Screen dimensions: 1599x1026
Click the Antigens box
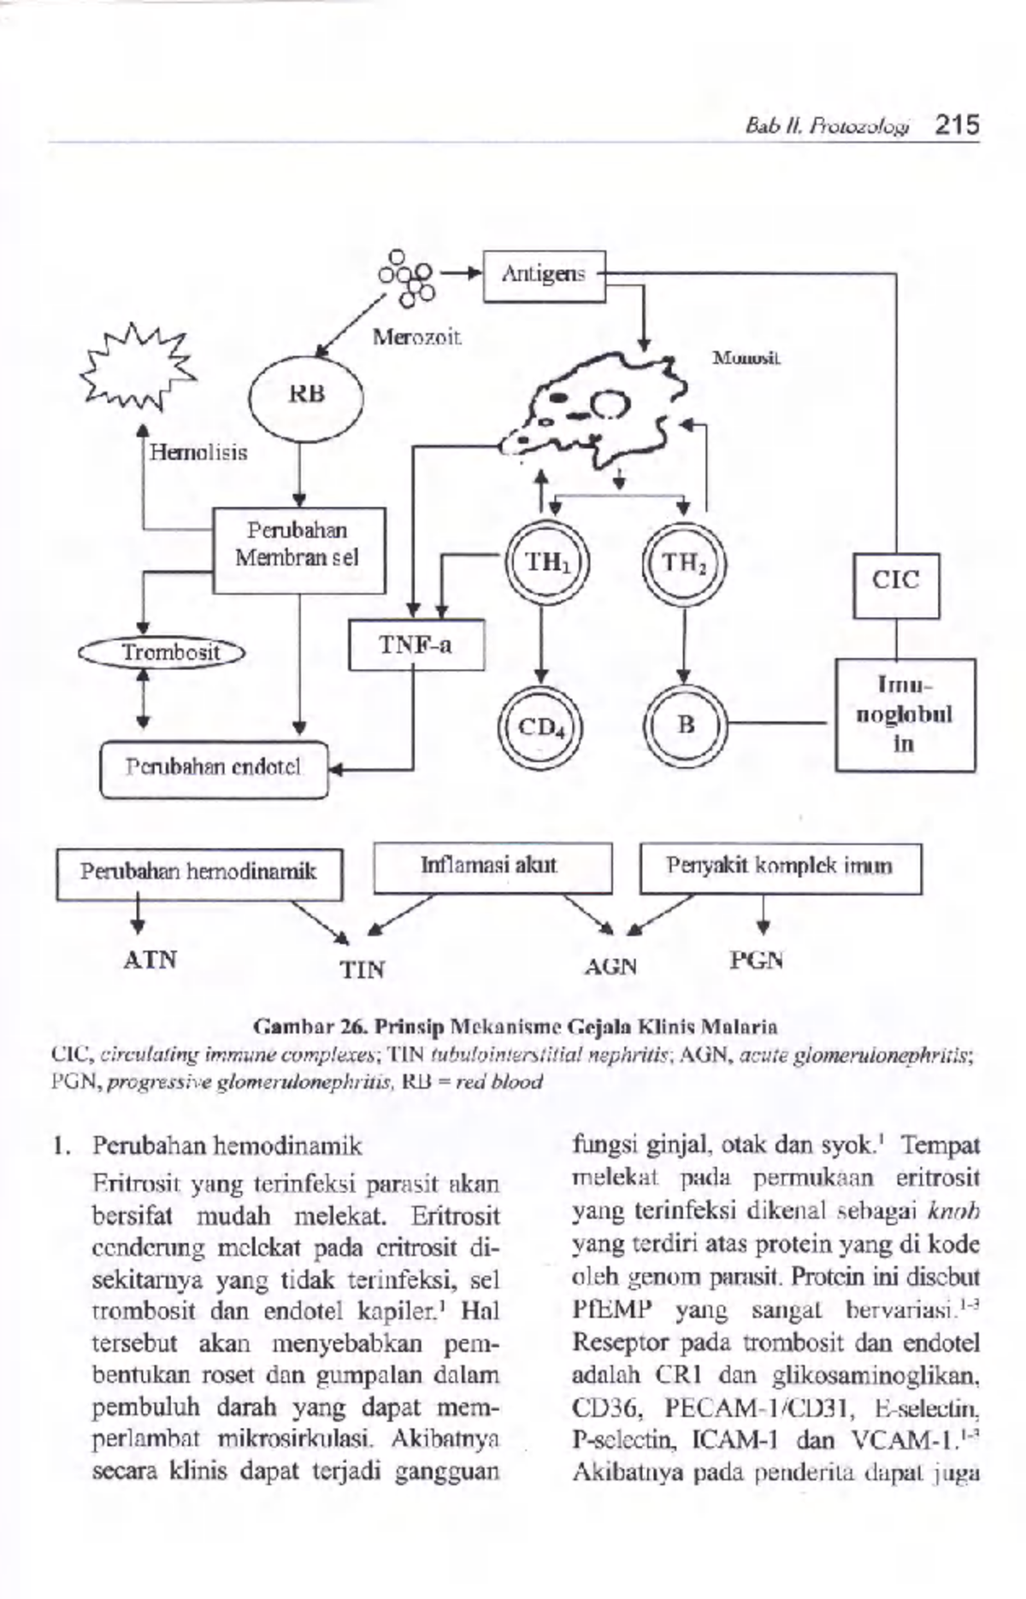(x=544, y=275)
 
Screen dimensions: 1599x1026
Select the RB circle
(x=306, y=396)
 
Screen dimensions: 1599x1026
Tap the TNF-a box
(x=416, y=644)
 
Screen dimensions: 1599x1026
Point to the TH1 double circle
(x=546, y=562)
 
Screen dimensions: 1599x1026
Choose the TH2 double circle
(x=683, y=562)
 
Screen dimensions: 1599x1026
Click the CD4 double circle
(x=540, y=727)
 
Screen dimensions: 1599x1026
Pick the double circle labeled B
(x=685, y=727)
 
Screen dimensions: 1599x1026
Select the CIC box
(x=895, y=585)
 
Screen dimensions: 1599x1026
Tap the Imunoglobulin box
(x=905, y=714)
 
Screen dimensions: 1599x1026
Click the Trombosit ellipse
(x=163, y=653)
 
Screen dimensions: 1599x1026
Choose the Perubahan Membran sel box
(x=298, y=550)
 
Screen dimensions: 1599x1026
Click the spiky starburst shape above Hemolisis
(x=136, y=366)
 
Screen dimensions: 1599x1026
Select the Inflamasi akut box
(x=492, y=867)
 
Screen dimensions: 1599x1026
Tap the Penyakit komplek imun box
(x=780, y=867)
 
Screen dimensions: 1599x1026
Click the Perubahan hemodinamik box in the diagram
(x=198, y=873)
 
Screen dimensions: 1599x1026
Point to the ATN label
(x=150, y=960)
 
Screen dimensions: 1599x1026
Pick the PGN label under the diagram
(x=757, y=961)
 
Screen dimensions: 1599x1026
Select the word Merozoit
(x=417, y=338)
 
